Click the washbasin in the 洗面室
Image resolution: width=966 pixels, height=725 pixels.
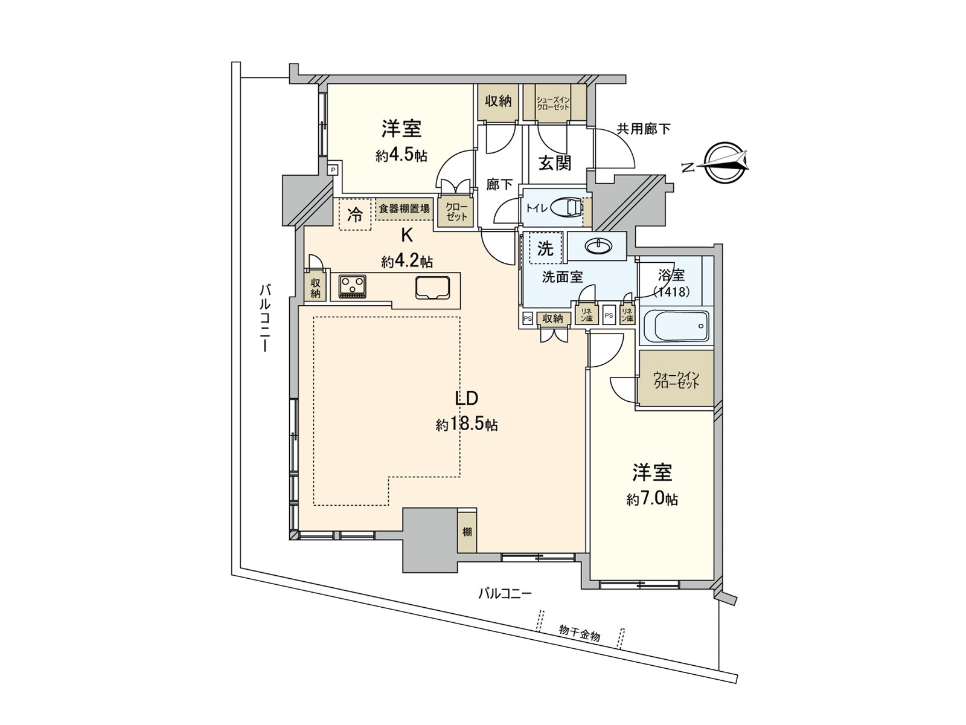coord(598,246)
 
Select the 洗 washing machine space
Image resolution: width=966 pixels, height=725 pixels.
coord(545,248)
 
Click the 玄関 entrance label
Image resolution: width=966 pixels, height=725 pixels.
coord(554,163)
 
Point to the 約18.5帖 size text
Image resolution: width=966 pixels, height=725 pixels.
coord(467,425)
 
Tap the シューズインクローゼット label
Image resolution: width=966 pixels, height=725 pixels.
coord(553,103)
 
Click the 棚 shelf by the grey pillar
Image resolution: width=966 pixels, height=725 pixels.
coord(467,532)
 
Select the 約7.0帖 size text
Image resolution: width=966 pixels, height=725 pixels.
coord(652,499)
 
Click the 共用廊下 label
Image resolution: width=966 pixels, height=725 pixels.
coord(643,129)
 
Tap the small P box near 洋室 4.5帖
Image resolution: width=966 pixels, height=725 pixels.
coord(332,170)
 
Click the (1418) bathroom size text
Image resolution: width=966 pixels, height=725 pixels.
coord(671,291)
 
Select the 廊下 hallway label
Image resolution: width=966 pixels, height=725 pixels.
coord(499,185)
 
